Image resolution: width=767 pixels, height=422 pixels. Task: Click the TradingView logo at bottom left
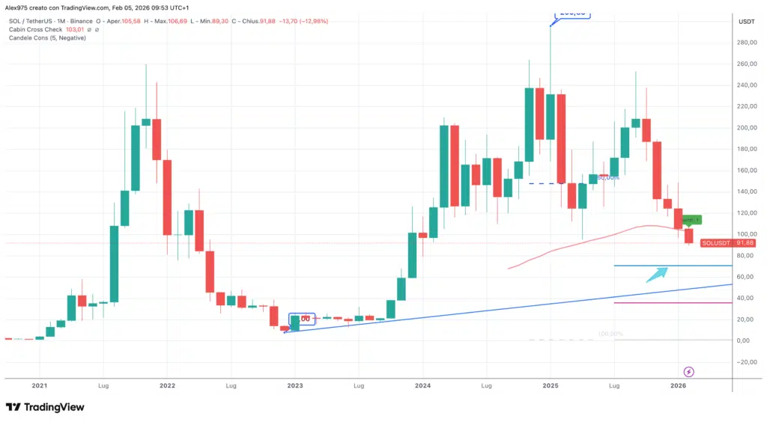pos(45,407)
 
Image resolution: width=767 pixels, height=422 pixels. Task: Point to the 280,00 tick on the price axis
pos(745,43)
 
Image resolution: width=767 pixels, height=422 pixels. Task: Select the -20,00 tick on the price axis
pos(745,362)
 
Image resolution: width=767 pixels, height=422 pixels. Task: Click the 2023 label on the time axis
pos(295,385)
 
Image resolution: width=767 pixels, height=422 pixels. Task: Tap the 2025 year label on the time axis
pos(551,385)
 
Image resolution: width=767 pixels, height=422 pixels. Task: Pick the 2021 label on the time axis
pos(40,385)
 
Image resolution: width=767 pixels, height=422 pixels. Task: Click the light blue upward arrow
pos(657,274)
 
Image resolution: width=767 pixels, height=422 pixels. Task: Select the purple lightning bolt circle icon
pos(689,371)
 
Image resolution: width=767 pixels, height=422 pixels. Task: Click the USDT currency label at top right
pos(746,21)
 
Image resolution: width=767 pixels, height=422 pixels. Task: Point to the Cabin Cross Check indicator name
pos(35,29)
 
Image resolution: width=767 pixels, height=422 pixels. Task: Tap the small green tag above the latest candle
pos(693,219)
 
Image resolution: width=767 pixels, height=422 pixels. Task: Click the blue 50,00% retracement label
pos(608,177)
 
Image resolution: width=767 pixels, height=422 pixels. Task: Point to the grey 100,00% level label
pos(610,334)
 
